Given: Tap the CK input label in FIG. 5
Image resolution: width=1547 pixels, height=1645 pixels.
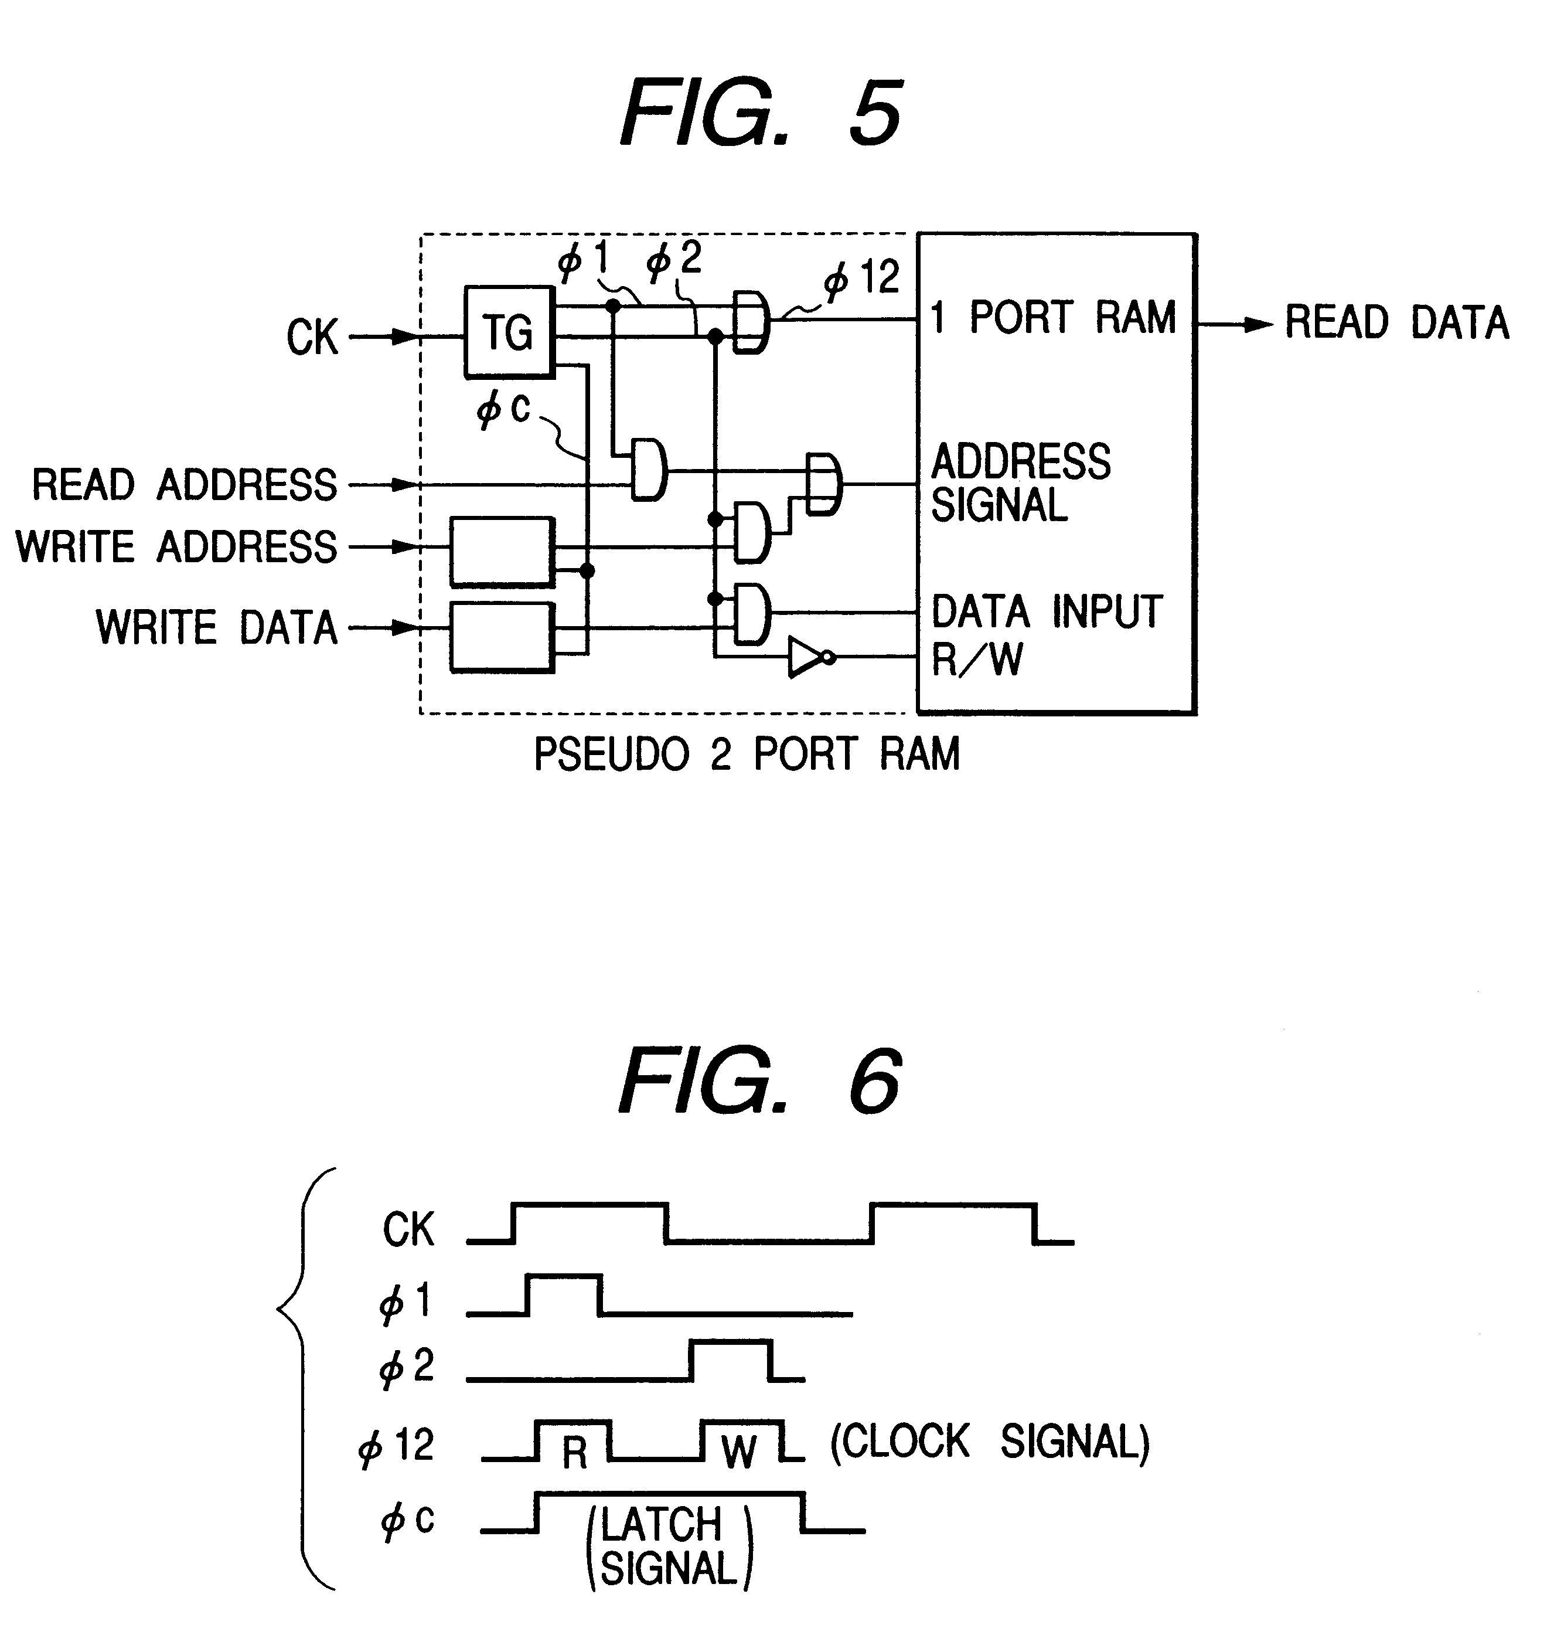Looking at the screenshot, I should point(313,338).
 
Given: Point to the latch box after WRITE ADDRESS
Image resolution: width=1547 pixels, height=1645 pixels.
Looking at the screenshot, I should point(502,552).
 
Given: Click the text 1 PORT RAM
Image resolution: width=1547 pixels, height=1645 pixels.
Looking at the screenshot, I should point(1052,318).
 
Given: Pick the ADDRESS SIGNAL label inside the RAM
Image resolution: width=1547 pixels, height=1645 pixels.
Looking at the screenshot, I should point(1020,483).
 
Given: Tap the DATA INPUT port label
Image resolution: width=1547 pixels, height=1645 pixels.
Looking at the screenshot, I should point(1047,611).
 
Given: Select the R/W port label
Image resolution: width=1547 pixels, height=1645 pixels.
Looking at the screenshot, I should point(977,660).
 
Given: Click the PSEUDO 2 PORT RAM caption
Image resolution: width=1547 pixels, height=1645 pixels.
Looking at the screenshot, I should point(746,754).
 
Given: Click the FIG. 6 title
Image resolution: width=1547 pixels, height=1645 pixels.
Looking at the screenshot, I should point(759,1080).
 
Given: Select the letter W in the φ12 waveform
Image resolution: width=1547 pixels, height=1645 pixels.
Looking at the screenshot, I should point(738,1452).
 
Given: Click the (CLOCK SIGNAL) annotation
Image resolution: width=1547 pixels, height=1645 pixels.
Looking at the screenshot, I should point(989,1442).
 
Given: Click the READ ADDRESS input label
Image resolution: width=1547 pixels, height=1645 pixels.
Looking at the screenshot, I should point(183,484).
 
